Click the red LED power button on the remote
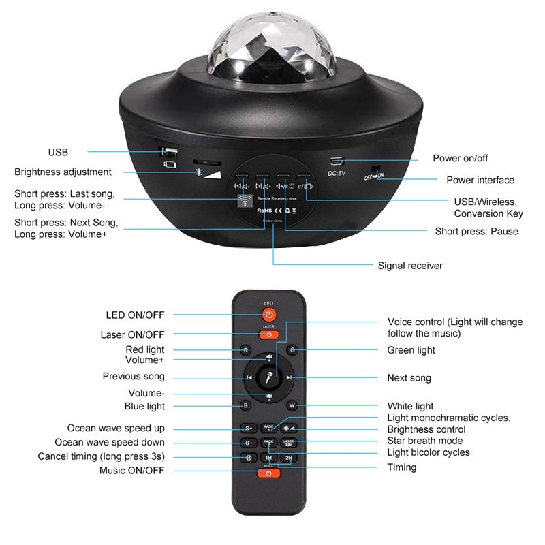coord(269,315)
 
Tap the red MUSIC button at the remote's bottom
coord(269,473)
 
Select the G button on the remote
coord(292,350)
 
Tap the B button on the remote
coord(246,406)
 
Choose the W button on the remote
coord(292,406)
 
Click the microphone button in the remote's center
coord(269,377)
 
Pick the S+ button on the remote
coord(249,429)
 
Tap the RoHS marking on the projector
coord(264,211)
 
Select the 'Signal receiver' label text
coord(410,266)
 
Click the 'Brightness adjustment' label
coord(63,172)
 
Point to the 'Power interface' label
coord(480,180)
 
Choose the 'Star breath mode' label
coord(426,441)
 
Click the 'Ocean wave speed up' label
coord(116,428)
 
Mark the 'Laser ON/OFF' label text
coord(132,334)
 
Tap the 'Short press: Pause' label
coord(476,231)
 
